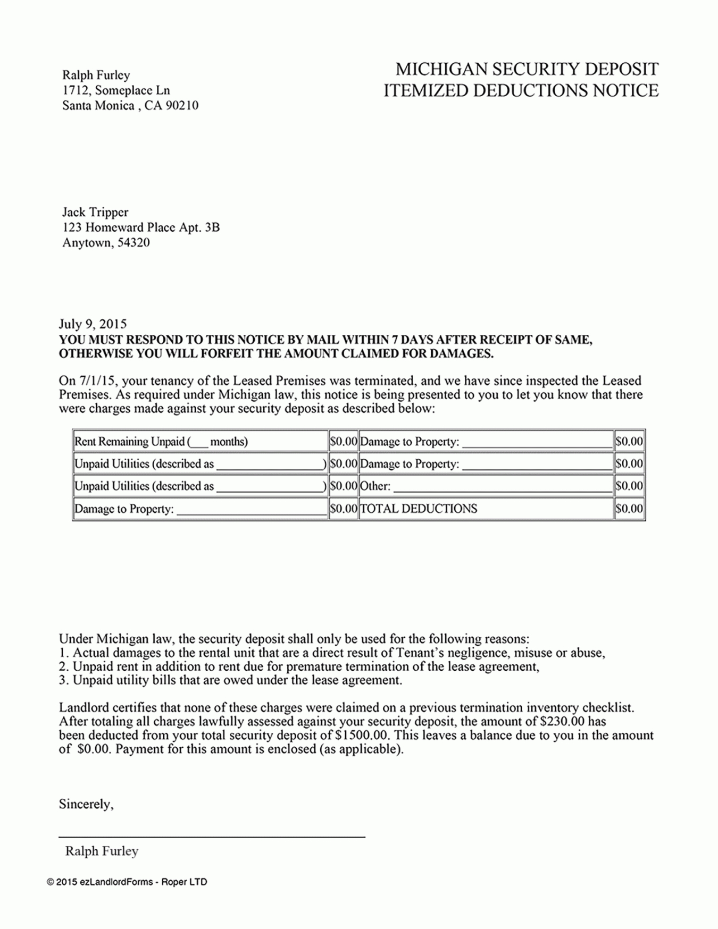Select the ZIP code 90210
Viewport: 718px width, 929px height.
click(x=182, y=105)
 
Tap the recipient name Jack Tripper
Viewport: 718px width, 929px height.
click(x=95, y=212)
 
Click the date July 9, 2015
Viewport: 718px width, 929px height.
click(x=93, y=324)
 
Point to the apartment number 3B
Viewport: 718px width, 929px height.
click(x=212, y=227)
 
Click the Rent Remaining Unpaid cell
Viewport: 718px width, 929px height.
click(x=161, y=442)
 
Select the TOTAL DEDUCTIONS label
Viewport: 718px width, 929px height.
click(x=419, y=509)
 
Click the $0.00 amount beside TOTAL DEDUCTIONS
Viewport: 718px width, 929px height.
click(x=629, y=509)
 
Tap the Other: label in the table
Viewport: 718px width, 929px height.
click(x=375, y=486)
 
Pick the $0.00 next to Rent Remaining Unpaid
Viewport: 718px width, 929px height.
click(x=343, y=442)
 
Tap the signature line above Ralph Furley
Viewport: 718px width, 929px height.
click(x=212, y=837)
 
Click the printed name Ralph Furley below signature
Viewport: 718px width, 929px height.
click(x=102, y=851)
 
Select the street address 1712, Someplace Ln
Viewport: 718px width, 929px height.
click(x=116, y=90)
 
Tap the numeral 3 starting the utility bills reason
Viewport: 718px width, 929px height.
click(x=62, y=680)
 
